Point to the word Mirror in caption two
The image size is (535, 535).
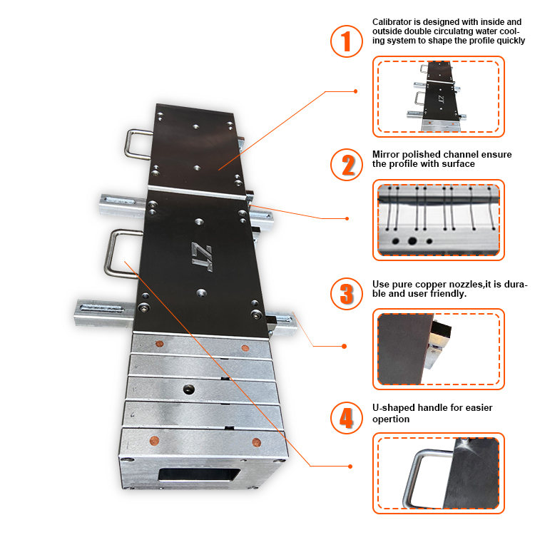point(386,154)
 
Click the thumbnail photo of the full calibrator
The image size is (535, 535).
point(438,96)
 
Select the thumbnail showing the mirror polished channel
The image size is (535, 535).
point(438,219)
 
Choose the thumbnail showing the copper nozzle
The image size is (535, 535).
point(438,349)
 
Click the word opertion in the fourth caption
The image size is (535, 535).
point(391,419)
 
